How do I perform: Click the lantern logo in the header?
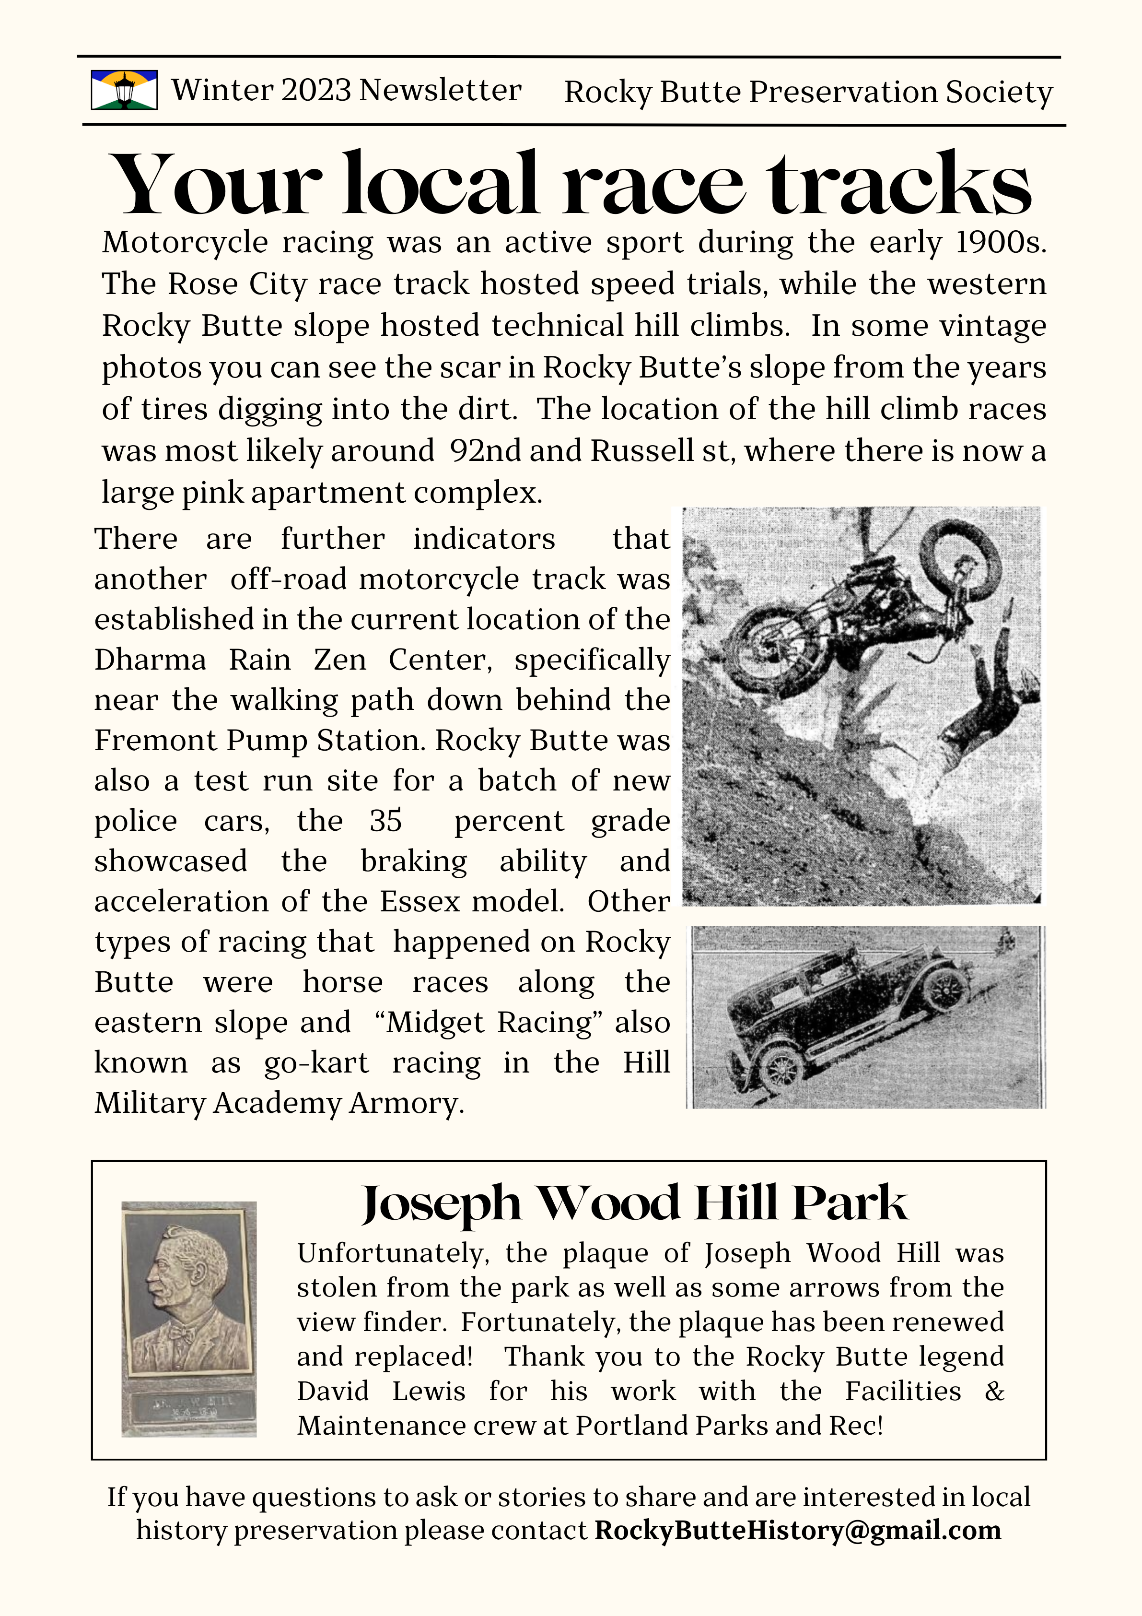(x=124, y=90)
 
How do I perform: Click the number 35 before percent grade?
(x=385, y=821)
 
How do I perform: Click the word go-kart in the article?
(x=316, y=1063)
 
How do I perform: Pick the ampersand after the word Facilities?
(x=993, y=1392)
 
